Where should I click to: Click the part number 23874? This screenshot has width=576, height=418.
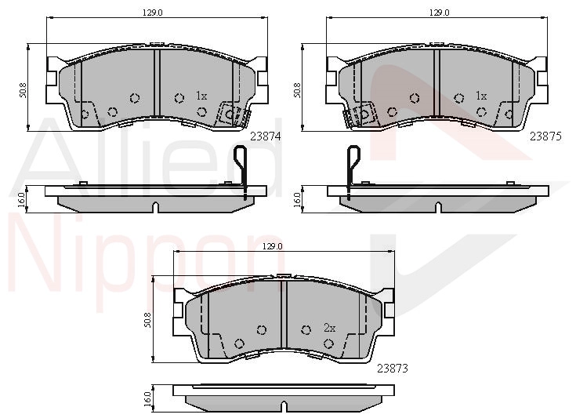click(x=265, y=136)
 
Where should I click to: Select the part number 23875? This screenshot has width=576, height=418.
click(x=545, y=136)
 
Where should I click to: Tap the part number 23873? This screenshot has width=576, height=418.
click(x=393, y=368)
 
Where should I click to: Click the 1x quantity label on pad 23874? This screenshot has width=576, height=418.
click(x=201, y=96)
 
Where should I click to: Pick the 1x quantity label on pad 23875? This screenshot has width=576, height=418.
click(x=481, y=96)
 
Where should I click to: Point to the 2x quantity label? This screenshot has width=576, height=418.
click(x=329, y=328)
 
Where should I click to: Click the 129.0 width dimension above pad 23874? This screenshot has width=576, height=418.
click(x=153, y=13)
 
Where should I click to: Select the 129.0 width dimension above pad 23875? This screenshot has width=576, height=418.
click(x=440, y=13)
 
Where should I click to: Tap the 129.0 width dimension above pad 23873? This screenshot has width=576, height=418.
click(x=273, y=247)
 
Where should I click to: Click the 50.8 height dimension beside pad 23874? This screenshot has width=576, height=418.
click(x=24, y=90)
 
